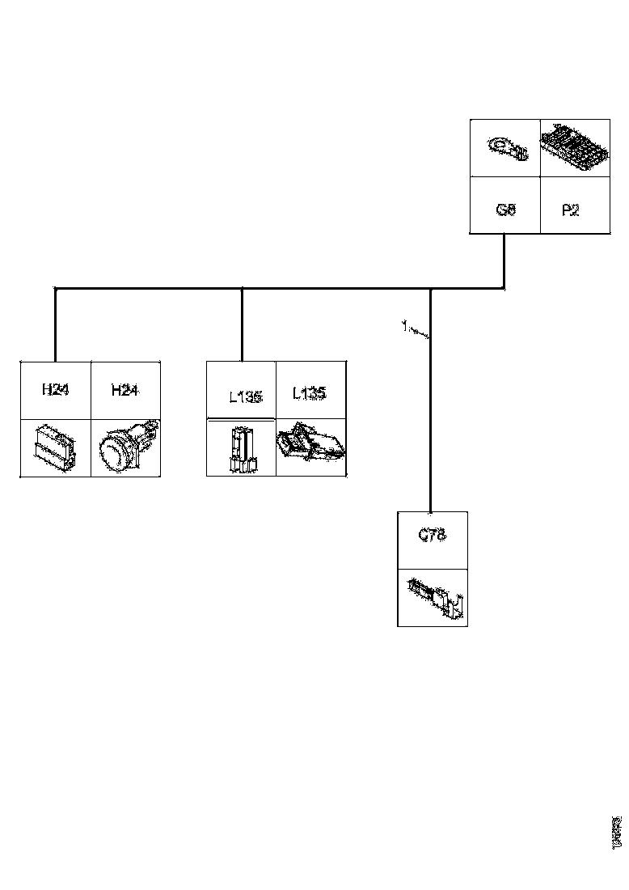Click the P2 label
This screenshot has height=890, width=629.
point(570,210)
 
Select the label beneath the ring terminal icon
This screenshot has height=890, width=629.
point(506,210)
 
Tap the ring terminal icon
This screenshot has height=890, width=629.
point(506,149)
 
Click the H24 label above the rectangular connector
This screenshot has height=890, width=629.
point(55,390)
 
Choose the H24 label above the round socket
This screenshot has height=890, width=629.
point(125,390)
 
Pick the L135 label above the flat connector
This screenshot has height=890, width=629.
point(309,394)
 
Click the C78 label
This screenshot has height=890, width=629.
point(432,535)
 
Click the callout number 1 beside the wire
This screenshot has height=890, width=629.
point(403,325)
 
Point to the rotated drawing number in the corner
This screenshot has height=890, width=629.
point(617,831)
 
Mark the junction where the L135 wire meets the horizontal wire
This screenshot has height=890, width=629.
point(243,288)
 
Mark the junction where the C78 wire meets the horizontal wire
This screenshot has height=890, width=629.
point(431,288)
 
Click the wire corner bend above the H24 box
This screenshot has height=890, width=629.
point(55,288)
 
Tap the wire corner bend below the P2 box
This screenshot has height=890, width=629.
point(504,287)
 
